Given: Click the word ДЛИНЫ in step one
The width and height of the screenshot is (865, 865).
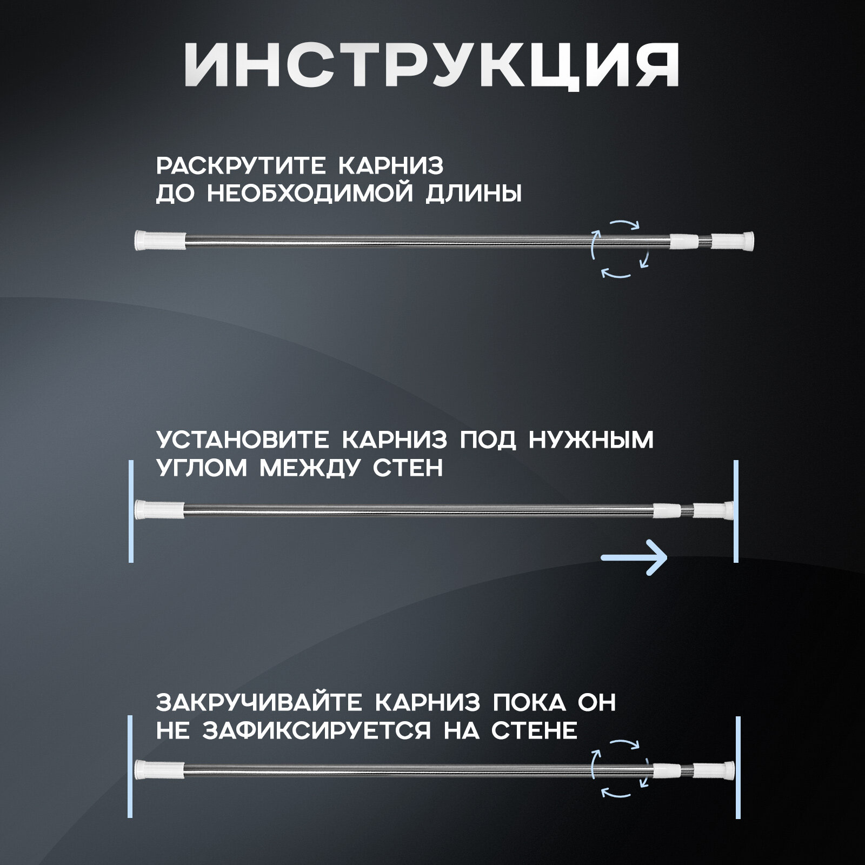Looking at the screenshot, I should click(x=474, y=194).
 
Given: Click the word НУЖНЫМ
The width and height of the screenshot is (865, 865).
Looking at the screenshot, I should click(x=591, y=441).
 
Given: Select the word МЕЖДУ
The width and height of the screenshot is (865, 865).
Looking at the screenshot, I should click(x=310, y=468).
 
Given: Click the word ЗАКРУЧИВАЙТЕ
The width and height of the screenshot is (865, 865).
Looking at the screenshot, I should click(x=258, y=703).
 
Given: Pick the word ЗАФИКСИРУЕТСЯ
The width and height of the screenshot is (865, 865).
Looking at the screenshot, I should click(x=315, y=731).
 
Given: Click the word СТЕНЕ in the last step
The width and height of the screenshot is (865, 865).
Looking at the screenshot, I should click(x=535, y=731).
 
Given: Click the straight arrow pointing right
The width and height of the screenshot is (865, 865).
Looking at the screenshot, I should click(x=635, y=557).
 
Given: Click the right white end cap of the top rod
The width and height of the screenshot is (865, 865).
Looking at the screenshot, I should click(x=733, y=239).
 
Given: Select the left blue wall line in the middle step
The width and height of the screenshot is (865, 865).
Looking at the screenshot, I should click(x=131, y=511).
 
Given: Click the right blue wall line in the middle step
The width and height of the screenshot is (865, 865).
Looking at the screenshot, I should click(x=736, y=511).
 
